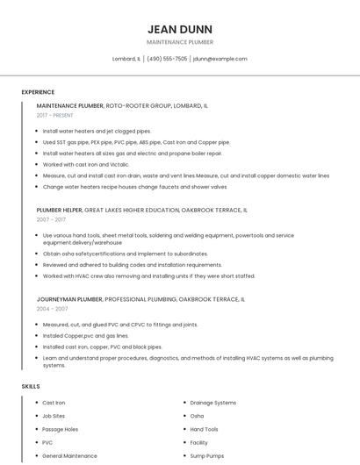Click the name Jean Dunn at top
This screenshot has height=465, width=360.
(x=180, y=29)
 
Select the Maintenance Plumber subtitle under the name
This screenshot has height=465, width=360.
(x=180, y=42)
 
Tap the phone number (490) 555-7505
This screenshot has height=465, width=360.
(x=167, y=59)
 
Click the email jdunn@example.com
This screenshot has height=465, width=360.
(x=220, y=59)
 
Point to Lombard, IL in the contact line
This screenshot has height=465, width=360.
(x=126, y=59)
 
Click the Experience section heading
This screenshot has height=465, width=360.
(x=38, y=92)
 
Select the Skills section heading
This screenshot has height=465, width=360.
(x=31, y=386)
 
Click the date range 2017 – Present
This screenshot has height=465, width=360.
(x=56, y=115)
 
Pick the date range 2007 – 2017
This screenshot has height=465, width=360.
(x=52, y=220)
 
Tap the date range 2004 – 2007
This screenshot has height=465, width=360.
(x=52, y=309)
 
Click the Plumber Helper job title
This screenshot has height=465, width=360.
(x=59, y=211)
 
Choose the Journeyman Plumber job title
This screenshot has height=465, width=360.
(x=69, y=299)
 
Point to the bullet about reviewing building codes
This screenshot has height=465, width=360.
(x=133, y=264)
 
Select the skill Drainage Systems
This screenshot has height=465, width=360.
(x=213, y=403)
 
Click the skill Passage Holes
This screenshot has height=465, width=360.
(x=61, y=429)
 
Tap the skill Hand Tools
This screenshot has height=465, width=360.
(x=205, y=429)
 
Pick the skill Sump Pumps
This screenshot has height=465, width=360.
(x=207, y=456)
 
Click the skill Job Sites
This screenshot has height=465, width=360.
(x=54, y=416)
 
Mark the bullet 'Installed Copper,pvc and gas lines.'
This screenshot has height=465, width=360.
(x=86, y=336)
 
